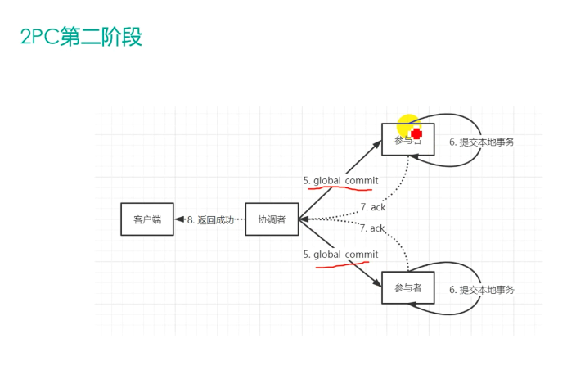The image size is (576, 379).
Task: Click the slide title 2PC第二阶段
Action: tap(81, 38)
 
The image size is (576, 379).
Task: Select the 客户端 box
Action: tap(147, 219)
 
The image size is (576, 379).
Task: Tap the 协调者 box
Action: tap(272, 219)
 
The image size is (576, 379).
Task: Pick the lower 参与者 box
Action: tap(407, 288)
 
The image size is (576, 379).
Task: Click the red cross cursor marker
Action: tap(416, 133)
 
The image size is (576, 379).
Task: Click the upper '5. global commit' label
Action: tap(340, 180)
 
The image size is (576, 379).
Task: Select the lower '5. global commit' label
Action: tap(340, 255)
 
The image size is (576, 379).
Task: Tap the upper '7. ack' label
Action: tap(372, 208)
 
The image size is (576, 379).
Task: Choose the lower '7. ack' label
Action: tap(372, 228)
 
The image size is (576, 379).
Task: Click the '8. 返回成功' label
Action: tap(210, 219)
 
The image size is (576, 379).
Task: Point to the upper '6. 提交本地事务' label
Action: tap(482, 142)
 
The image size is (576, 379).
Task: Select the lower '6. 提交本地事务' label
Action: tap(482, 289)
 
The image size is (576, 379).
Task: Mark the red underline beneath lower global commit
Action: tap(342, 264)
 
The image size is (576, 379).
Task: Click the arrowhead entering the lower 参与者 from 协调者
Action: tap(377, 282)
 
